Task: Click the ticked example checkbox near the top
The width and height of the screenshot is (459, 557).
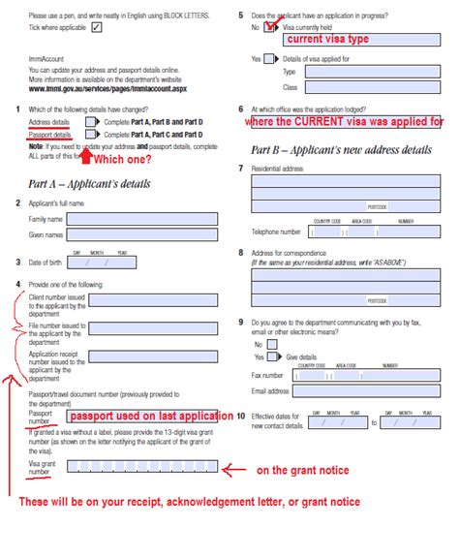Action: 97,27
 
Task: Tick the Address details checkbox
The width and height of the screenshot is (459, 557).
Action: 90,123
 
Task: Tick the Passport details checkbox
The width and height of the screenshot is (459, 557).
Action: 90,135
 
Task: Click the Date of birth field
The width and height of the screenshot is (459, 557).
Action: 103,262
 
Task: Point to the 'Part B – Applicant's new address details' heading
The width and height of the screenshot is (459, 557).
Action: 341,150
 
